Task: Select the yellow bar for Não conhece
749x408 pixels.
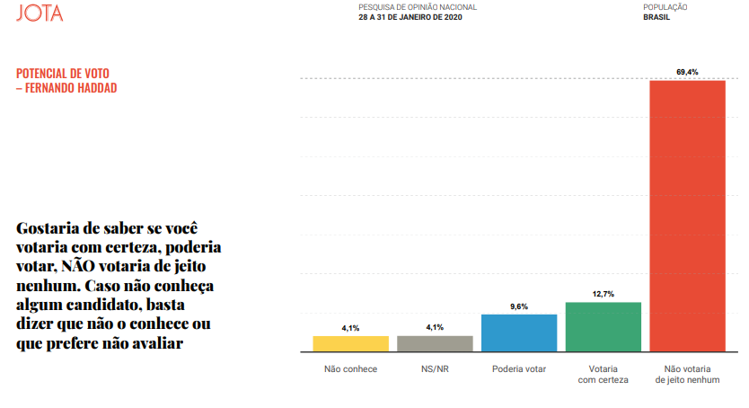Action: pyautogui.click(x=350, y=342)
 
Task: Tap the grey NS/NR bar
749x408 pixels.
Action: pyautogui.click(x=435, y=342)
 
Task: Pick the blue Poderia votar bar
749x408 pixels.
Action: pyautogui.click(x=519, y=332)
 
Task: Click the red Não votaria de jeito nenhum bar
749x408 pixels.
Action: pyautogui.click(x=687, y=215)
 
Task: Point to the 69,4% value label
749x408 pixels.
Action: pyautogui.click(x=687, y=71)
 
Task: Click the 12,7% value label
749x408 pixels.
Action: pyautogui.click(x=604, y=293)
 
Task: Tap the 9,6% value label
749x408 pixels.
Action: pyautogui.click(x=519, y=306)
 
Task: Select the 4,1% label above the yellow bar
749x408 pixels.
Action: pyautogui.click(x=350, y=328)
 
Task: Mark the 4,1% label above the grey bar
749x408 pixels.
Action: pyautogui.click(x=435, y=328)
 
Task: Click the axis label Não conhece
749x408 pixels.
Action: pyautogui.click(x=350, y=369)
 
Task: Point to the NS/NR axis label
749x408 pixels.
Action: pyautogui.click(x=435, y=369)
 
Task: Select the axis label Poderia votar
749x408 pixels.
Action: pyautogui.click(x=519, y=369)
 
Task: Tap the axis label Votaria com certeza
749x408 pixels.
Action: pyautogui.click(x=604, y=375)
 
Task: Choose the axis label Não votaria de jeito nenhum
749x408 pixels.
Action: pyautogui.click(x=687, y=375)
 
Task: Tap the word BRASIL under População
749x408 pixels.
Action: pyautogui.click(x=657, y=17)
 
